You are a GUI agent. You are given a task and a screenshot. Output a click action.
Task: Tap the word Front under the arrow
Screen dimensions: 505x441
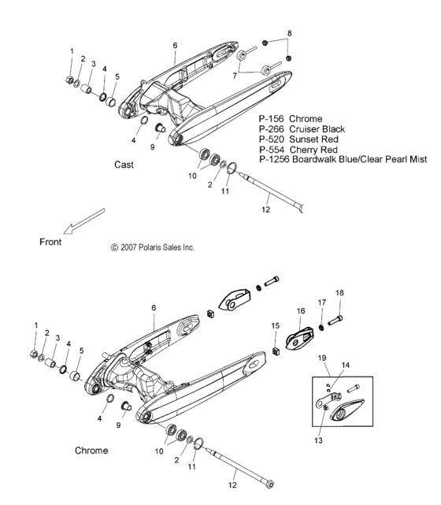point(50,242)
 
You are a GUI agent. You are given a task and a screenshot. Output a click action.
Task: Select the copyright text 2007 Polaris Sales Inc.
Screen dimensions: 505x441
point(153,247)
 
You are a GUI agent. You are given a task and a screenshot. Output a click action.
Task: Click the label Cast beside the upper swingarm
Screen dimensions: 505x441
point(124,165)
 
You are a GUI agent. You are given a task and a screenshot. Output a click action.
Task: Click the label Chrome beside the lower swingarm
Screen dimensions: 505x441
point(91,451)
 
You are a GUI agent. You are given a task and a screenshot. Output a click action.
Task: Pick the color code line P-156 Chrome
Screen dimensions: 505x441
point(291,118)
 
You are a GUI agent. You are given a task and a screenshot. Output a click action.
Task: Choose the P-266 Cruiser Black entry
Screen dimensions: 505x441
point(301,128)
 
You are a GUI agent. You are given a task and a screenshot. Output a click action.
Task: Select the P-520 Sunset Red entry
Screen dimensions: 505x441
point(296,139)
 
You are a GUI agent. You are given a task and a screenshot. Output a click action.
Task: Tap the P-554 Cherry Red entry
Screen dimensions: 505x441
point(296,149)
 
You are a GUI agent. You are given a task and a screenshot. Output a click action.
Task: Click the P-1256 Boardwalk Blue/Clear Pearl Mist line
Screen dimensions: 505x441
point(343,159)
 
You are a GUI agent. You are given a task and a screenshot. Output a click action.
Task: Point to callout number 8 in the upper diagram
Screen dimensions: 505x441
point(289,33)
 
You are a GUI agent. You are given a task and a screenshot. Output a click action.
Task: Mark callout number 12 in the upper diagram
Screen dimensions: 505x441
point(265,210)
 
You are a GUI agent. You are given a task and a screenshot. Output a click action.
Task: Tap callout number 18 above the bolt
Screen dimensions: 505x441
point(340,292)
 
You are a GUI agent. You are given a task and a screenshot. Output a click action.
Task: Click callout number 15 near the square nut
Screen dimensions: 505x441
point(275,325)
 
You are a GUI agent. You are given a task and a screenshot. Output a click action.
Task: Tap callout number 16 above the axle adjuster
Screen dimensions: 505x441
point(300,312)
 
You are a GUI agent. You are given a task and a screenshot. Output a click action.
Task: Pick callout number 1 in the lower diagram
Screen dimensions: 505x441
point(35,325)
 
